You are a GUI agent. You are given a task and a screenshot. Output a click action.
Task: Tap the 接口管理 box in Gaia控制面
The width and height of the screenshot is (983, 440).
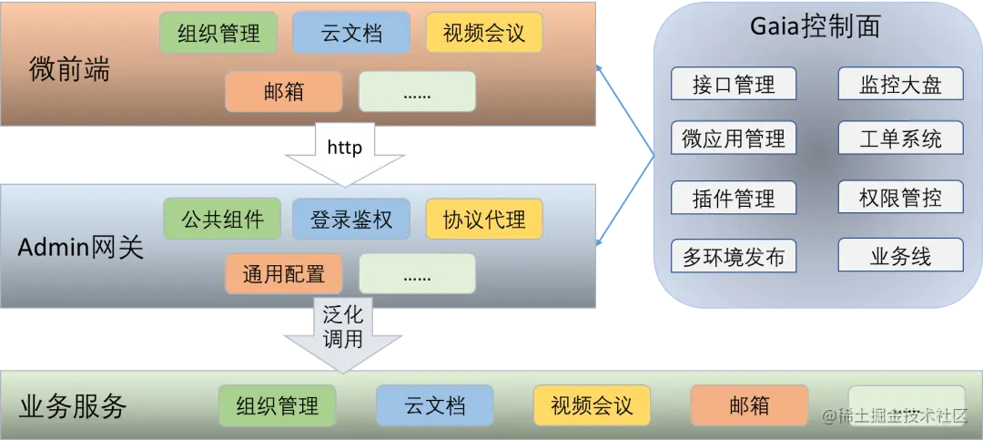click(734, 85)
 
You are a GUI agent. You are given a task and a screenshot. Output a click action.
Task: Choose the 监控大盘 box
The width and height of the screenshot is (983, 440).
click(900, 85)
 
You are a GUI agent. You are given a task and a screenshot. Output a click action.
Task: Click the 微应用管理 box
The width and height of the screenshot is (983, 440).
click(734, 139)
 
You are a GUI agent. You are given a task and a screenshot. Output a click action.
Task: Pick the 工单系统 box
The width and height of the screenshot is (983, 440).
click(900, 139)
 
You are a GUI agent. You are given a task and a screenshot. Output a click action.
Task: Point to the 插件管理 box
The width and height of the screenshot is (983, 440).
click(734, 198)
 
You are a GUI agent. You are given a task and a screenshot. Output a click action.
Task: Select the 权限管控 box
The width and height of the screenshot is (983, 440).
click(900, 198)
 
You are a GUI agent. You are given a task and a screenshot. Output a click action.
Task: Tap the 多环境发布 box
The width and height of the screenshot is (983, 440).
click(734, 256)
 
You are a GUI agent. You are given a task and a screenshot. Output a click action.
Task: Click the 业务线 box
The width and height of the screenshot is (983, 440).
click(900, 256)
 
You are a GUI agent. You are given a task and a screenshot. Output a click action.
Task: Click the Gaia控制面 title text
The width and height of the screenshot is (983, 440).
click(816, 28)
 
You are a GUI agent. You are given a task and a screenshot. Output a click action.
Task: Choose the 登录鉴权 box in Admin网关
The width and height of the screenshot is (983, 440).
click(351, 219)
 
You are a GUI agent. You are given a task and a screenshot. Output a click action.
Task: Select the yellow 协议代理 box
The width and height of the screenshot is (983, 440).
click(484, 219)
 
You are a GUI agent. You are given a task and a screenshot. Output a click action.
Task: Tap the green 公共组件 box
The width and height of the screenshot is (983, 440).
click(223, 219)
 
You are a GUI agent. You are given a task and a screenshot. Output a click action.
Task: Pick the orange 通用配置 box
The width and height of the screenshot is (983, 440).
click(284, 272)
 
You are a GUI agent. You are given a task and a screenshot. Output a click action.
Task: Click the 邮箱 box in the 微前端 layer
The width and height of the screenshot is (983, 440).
click(284, 91)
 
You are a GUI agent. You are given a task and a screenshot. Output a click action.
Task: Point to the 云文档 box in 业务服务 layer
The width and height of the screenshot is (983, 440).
click(435, 405)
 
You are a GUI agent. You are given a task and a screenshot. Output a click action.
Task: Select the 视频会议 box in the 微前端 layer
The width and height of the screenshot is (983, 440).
click(484, 33)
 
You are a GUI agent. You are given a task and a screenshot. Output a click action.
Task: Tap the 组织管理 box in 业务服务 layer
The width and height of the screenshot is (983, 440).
click(278, 405)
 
